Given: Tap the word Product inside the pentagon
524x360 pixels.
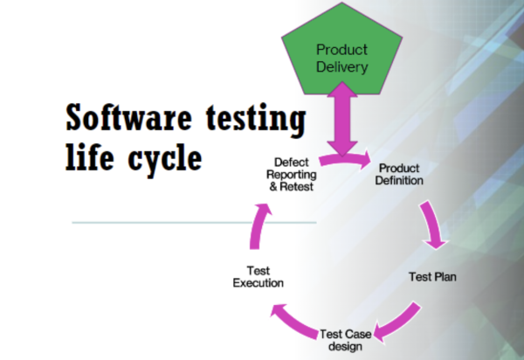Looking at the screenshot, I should (341, 50).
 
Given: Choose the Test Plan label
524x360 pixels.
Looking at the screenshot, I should (432, 277).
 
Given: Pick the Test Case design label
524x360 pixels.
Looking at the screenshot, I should (347, 339).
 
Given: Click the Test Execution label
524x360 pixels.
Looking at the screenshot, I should (258, 277).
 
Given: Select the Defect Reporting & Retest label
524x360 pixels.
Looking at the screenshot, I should (291, 174).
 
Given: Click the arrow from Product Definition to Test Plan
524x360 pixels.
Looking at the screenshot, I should (433, 225).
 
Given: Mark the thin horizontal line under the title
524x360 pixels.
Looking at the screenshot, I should (192, 222).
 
